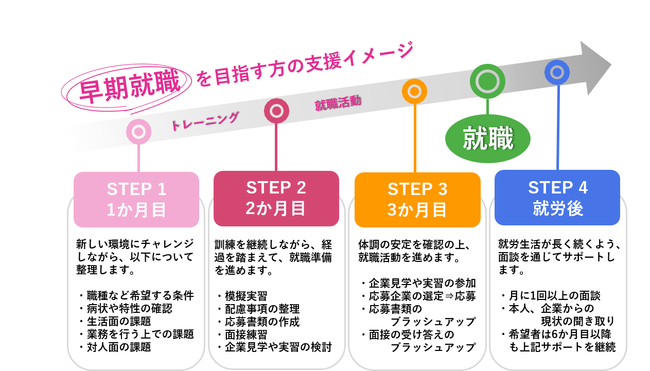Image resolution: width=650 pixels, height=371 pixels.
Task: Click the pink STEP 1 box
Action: (x=136, y=200)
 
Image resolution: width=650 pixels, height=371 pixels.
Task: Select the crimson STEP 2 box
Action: (x=276, y=198)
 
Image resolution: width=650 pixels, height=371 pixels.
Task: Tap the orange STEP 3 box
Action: (x=417, y=200)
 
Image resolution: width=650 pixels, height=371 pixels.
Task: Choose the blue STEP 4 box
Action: (x=557, y=198)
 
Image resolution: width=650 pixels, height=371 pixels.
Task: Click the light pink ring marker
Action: (x=138, y=132)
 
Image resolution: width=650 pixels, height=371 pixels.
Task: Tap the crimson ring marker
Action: (x=276, y=111)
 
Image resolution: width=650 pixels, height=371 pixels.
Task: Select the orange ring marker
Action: (x=414, y=92)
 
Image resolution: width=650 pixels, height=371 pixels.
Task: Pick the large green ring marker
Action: (x=487, y=81)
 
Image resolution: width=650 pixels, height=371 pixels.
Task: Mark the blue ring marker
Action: (x=557, y=73)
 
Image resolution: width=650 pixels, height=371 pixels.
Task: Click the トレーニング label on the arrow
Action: (x=204, y=121)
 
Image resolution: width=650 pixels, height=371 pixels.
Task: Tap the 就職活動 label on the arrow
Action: (x=338, y=103)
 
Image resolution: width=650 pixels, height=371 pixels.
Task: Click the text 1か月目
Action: (x=136, y=210)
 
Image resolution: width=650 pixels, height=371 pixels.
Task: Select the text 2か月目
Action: (x=276, y=208)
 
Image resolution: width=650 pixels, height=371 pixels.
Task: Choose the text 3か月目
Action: (x=417, y=210)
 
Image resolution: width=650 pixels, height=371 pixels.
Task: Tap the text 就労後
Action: (x=557, y=209)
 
